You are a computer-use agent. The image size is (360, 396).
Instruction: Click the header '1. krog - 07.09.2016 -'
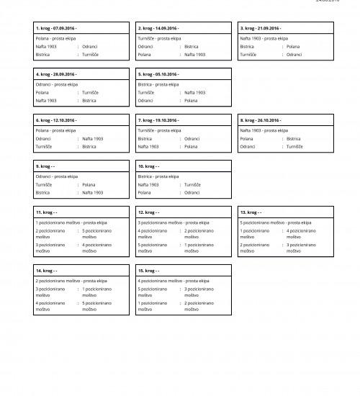[x=56, y=28]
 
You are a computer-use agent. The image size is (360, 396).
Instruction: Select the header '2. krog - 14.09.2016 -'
[x=158, y=28]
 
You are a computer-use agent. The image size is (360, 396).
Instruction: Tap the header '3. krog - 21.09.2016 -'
[x=261, y=28]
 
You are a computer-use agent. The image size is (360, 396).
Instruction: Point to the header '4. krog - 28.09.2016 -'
[x=56, y=74]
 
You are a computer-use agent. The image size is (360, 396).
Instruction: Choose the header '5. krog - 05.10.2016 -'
[x=158, y=74]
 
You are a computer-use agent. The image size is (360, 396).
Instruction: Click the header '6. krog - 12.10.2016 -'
[x=56, y=120]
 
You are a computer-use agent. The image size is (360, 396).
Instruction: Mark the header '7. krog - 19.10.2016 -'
[x=158, y=120]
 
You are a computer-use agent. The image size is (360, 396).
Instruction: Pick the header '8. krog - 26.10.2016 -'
[x=261, y=120]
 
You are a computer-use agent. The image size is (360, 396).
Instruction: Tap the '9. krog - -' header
[x=47, y=166]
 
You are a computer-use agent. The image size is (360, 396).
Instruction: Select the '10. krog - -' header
[x=148, y=166]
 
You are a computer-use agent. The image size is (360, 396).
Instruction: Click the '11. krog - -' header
[x=47, y=212]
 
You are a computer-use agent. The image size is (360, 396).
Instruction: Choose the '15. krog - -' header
[x=148, y=271]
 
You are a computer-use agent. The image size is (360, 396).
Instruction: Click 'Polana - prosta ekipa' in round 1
[x=55, y=37]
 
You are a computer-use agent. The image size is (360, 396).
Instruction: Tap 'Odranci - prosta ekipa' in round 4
[x=56, y=84]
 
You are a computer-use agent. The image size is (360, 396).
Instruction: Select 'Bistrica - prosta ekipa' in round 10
[x=158, y=176]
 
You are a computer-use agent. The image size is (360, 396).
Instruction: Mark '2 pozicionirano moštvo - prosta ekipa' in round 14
[x=71, y=280]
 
